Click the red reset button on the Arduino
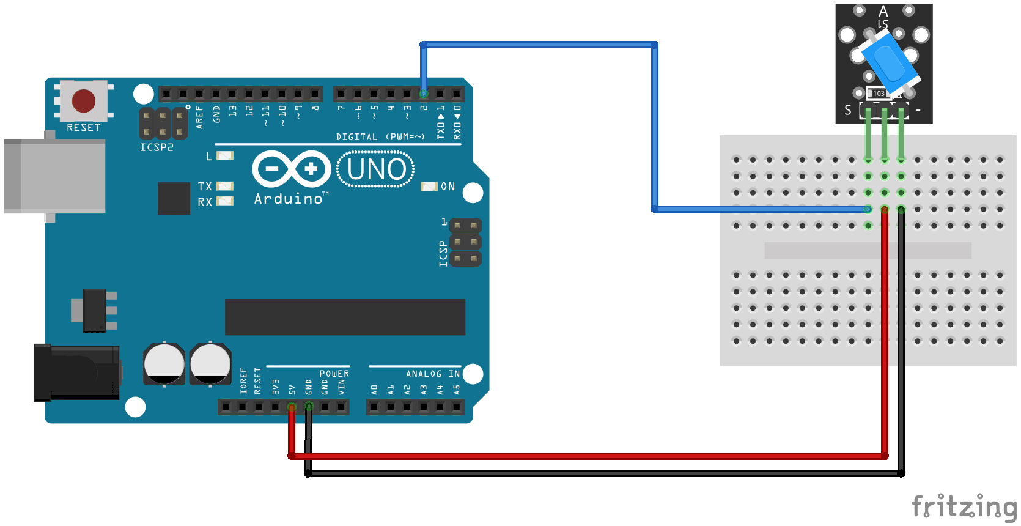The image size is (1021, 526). pyautogui.click(x=84, y=101)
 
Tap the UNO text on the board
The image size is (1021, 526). pyautogui.click(x=376, y=169)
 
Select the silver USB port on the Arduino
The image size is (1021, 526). pyautogui.click(x=54, y=176)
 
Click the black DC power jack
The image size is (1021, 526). pyautogui.click(x=76, y=372)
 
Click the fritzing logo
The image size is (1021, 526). pyautogui.click(x=964, y=506)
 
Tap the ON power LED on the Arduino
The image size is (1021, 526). pyautogui.click(x=429, y=187)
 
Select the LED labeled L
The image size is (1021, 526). pyautogui.click(x=225, y=156)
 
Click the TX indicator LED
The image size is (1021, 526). pyautogui.click(x=225, y=186)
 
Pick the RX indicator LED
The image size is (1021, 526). pyautogui.click(x=225, y=201)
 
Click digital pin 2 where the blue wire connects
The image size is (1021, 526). pyautogui.click(x=424, y=94)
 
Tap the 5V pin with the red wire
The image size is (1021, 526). pyautogui.click(x=292, y=407)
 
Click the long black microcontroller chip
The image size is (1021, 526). pyautogui.click(x=345, y=317)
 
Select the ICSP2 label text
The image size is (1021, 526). pyautogui.click(x=157, y=147)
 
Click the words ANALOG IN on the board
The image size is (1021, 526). pyautogui.click(x=432, y=374)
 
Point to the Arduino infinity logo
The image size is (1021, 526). pyautogui.click(x=292, y=169)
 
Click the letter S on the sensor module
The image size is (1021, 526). pyautogui.click(x=847, y=110)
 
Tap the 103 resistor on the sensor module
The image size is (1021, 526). pyautogui.click(x=879, y=94)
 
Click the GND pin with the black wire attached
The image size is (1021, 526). pyautogui.click(x=309, y=407)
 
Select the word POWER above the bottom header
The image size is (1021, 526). pyautogui.click(x=334, y=374)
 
